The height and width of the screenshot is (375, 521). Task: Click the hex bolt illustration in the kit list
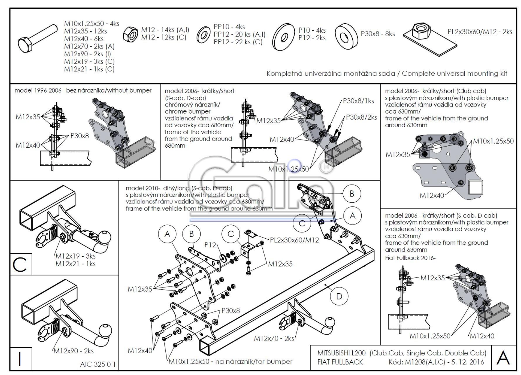tap(37, 38)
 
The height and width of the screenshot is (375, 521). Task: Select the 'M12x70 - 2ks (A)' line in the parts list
tap(89, 46)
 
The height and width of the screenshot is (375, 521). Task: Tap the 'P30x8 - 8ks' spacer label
tap(378, 34)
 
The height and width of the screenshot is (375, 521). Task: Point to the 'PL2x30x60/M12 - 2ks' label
tap(480, 32)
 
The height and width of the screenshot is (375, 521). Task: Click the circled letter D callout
tap(339, 296)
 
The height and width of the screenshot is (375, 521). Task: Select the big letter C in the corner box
tap(20, 264)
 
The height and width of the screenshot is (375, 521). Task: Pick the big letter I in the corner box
tap(20, 359)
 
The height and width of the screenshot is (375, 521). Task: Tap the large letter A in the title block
tap(503, 358)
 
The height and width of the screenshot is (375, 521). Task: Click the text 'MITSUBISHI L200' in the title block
tap(341, 353)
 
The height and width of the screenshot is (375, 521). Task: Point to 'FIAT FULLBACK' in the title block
tap(340, 362)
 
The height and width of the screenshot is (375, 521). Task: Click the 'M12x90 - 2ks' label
tap(74, 351)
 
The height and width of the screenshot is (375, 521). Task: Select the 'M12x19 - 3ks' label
tap(75, 256)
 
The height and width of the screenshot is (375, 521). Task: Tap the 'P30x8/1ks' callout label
tap(358, 101)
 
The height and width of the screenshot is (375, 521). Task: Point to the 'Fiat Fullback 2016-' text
tap(410, 258)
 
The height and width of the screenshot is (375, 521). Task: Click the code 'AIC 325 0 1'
tap(98, 364)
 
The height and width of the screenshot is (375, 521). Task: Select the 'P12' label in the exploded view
tap(210, 245)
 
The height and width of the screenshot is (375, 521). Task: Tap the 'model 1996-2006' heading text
tap(38, 90)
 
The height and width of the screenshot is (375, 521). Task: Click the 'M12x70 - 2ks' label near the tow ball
tap(274, 338)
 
